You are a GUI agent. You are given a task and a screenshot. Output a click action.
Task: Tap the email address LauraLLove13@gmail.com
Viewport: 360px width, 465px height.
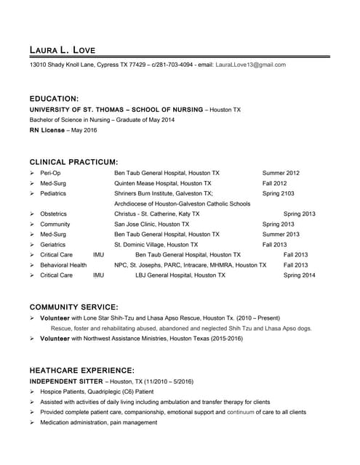tap(251, 65)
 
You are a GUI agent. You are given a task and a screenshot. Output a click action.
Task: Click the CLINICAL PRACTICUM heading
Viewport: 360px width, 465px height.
tap(73, 162)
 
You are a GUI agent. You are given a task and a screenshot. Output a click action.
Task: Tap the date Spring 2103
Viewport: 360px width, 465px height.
tap(279, 194)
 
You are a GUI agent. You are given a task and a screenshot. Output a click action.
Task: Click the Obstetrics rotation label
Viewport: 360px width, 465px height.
tap(54, 214)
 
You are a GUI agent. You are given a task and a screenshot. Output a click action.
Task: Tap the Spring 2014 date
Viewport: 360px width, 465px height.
tap(299, 275)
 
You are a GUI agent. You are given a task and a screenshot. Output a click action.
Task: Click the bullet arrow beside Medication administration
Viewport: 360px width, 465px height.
tap(32, 422)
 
